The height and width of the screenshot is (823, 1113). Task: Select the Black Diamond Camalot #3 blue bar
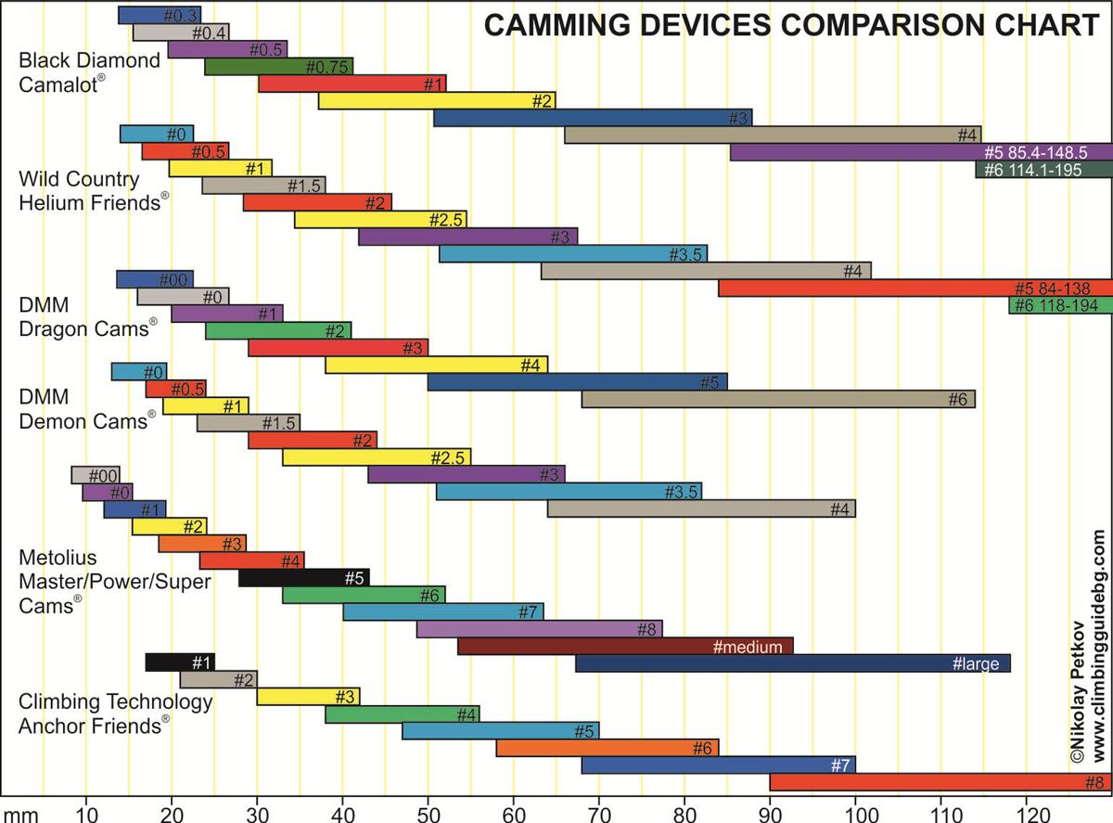tap(593, 118)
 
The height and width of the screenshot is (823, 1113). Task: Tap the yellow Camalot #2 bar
tap(436, 100)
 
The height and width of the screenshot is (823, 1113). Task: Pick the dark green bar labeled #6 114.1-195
tap(1043, 170)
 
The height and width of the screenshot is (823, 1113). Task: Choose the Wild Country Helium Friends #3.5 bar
tap(572, 253)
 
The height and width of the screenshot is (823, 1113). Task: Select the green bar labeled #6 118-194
tap(1060, 305)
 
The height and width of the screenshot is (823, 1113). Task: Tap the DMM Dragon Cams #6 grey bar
tap(778, 399)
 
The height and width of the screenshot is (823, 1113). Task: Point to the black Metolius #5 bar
tap(304, 577)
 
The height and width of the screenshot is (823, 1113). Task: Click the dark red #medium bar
tap(625, 646)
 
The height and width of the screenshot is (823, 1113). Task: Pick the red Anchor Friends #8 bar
tap(940, 781)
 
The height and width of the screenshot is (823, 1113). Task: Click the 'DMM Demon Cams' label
tap(84, 409)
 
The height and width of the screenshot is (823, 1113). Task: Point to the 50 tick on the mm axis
tap(428, 809)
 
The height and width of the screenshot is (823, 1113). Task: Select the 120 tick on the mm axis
tap(1026, 809)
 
